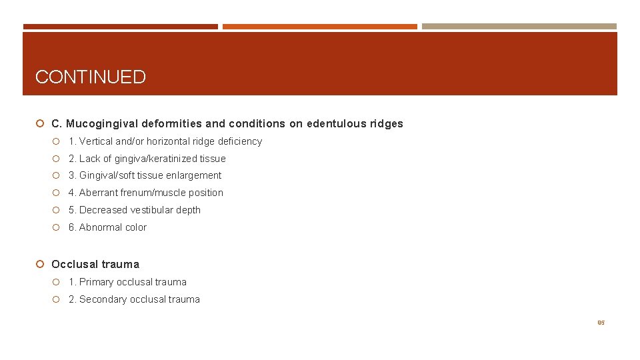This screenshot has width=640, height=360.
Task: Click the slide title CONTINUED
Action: pos(90,77)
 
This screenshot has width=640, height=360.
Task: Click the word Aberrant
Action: pos(99,193)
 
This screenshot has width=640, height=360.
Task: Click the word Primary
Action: pos(96,282)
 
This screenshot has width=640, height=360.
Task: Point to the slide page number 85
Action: pos(601,323)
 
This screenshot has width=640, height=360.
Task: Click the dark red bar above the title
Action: pos(120,27)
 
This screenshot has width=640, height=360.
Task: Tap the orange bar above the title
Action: pos(319,27)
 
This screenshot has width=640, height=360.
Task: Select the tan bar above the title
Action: pos(519,27)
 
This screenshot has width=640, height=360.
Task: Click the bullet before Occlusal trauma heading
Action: pos(41,265)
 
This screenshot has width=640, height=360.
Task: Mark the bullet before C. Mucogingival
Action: pos(41,124)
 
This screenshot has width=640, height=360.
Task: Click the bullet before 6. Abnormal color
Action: pos(58,227)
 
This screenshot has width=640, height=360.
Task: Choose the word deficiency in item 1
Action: pos(240,141)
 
